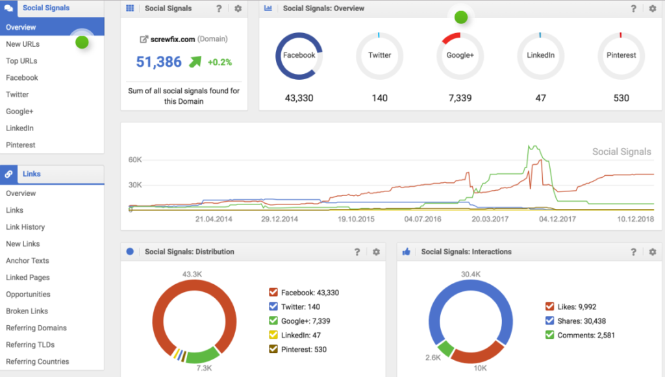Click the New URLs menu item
[x=23, y=44]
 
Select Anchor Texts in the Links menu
[x=27, y=261]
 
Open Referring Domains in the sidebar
[x=36, y=328]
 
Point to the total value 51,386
[x=158, y=62]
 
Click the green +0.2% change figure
[x=220, y=62]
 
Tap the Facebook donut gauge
[x=299, y=56]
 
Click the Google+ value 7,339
[x=460, y=98]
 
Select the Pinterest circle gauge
[x=621, y=56]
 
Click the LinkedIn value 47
[x=540, y=98]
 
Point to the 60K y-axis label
[x=135, y=160]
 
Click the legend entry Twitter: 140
[x=301, y=307]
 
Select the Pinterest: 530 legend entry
[x=303, y=350]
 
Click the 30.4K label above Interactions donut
[x=470, y=274]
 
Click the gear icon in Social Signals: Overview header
[x=653, y=8]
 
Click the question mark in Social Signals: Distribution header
[x=357, y=252]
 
